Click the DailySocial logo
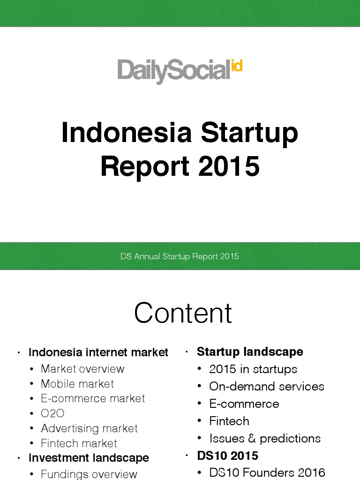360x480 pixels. point(180,71)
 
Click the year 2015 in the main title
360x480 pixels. point(229,166)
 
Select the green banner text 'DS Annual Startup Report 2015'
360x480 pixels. point(180,256)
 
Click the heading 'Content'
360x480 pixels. point(183,313)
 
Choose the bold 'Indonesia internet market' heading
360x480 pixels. point(98,352)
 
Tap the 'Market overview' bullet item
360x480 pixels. point(82,369)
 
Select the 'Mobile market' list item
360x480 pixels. point(77,384)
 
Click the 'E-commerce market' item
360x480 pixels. point(93,398)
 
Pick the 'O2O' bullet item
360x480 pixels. point(52,413)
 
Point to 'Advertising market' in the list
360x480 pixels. point(89,428)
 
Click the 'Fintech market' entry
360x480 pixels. point(79,443)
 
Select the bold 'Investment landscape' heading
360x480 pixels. point(89,457)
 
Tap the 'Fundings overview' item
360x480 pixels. point(89,474)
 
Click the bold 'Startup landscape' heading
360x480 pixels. point(250,352)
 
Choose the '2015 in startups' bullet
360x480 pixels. point(253,369)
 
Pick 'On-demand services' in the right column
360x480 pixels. point(267,386)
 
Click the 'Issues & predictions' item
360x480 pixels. point(265,438)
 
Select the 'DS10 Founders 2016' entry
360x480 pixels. point(267,472)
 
